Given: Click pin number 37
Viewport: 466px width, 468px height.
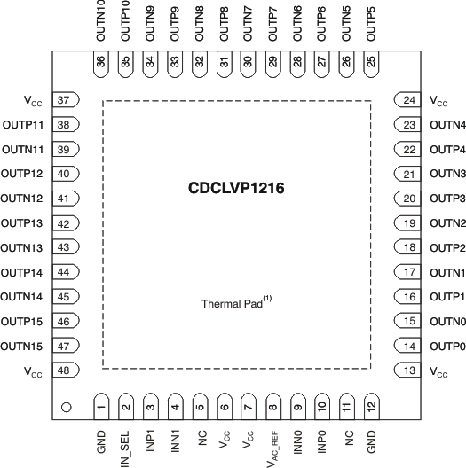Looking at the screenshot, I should [64, 100].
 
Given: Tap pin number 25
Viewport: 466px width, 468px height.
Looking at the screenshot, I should [370, 62].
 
